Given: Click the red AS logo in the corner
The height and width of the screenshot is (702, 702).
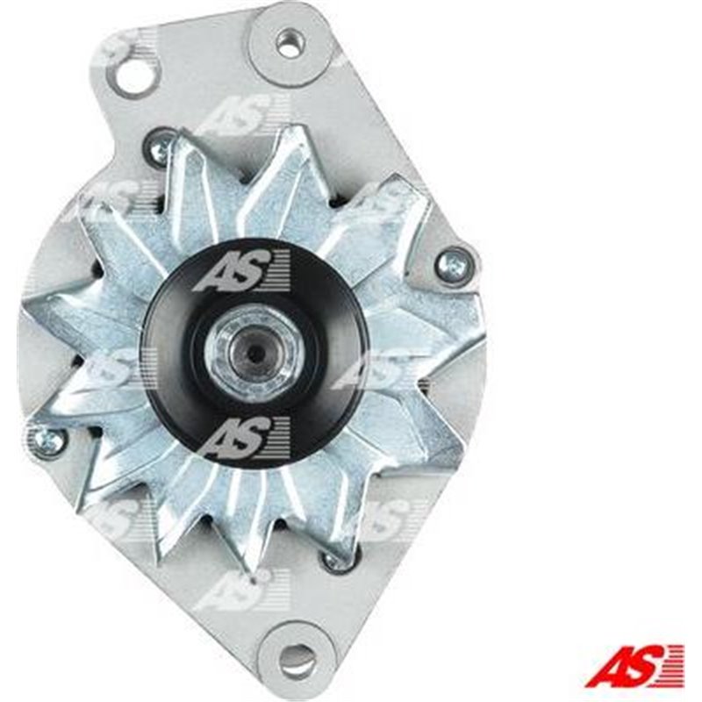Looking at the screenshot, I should (634, 665).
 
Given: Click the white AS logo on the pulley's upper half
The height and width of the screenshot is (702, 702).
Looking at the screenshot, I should (241, 270).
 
